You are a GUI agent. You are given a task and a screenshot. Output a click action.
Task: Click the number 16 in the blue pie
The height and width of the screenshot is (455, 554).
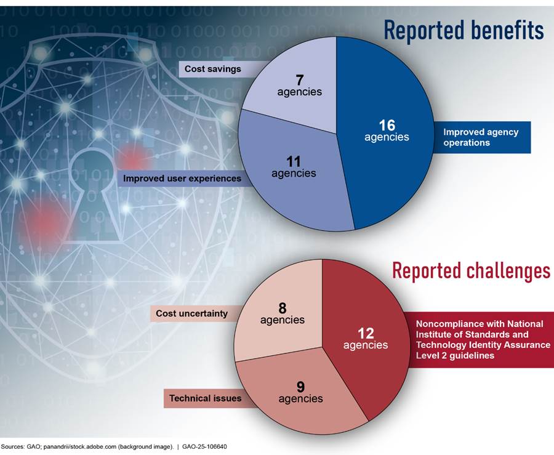(387, 125)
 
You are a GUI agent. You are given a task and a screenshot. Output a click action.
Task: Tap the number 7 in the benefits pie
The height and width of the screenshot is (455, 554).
(300, 80)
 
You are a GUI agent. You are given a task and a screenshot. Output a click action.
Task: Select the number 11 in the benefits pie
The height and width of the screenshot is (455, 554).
(294, 161)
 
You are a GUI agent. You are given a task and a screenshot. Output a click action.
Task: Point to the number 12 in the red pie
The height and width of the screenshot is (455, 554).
(366, 333)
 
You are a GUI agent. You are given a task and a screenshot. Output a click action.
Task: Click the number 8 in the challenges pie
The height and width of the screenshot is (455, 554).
(283, 308)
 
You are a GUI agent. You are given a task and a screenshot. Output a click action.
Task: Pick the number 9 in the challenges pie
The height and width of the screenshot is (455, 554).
(300, 387)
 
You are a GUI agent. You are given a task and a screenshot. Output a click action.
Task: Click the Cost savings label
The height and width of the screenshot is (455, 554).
(213, 69)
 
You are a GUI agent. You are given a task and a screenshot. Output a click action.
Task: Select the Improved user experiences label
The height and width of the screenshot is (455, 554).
(182, 179)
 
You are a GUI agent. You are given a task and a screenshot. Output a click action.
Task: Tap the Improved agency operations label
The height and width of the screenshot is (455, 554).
(481, 137)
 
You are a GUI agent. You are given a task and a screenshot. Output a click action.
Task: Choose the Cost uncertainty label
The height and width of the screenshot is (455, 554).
(192, 313)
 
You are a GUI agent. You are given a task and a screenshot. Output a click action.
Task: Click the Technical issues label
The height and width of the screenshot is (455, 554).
(205, 398)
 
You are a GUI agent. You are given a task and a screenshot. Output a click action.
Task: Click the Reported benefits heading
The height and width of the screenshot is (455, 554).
(464, 30)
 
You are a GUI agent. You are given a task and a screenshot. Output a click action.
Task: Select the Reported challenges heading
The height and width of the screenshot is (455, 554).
(472, 271)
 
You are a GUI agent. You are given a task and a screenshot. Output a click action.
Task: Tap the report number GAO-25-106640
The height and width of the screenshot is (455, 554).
(204, 446)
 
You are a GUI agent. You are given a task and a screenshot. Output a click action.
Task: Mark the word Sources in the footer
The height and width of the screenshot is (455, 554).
(13, 446)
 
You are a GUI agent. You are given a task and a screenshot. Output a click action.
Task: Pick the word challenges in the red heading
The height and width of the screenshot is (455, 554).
(508, 271)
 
